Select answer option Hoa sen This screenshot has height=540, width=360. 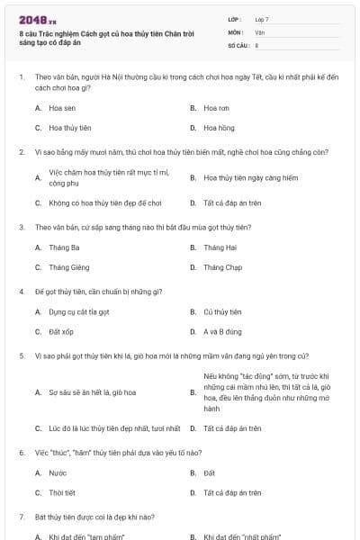(62, 107)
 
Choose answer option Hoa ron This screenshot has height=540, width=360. (217, 107)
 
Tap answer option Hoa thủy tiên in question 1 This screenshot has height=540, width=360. (69, 128)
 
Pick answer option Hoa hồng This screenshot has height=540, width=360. (219, 128)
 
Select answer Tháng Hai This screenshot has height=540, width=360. (220, 247)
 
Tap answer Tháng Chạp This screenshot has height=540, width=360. (222, 267)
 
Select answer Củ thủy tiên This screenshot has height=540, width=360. (222, 311)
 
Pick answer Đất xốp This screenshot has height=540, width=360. (61, 332)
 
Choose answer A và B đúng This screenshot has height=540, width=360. (222, 332)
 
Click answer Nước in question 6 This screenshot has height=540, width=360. (58, 472)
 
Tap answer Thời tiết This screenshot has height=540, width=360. (63, 492)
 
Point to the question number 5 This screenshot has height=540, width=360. (22, 355)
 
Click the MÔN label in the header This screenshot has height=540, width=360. (236, 31)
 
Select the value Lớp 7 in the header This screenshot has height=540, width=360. (262, 19)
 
